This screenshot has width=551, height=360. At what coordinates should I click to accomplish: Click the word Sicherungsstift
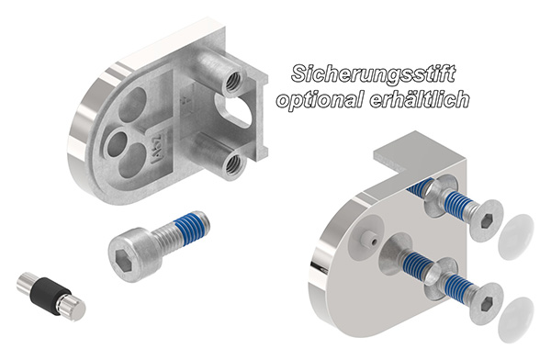(x=373, y=73)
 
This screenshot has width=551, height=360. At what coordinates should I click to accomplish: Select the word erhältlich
(x=420, y=99)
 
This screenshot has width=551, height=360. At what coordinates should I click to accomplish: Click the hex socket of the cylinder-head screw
(x=123, y=260)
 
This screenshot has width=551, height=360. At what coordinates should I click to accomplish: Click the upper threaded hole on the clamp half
(x=233, y=84)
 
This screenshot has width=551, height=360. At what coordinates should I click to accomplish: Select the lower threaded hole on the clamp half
(x=233, y=164)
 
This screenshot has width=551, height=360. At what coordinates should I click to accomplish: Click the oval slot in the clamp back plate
(x=235, y=111)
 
